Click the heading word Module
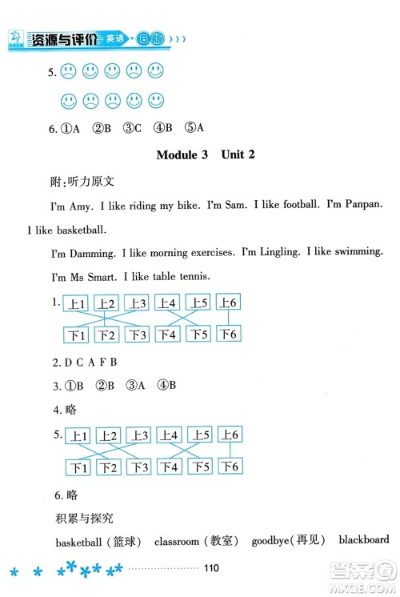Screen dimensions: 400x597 click(x=182, y=155)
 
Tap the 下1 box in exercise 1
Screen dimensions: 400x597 click(x=78, y=334)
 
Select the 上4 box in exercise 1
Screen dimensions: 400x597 click(x=167, y=303)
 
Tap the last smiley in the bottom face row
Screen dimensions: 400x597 click(x=155, y=101)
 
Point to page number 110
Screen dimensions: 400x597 click(x=211, y=569)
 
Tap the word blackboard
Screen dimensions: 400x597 click(x=363, y=541)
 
